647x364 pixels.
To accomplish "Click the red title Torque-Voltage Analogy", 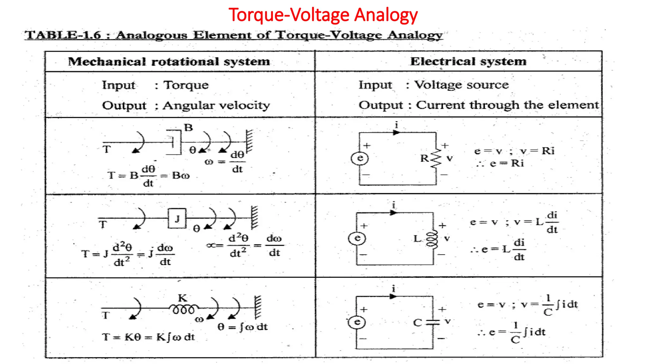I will click(323, 15).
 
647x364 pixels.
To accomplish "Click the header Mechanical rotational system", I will click(169, 61).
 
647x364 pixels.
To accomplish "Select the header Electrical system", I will click(468, 61).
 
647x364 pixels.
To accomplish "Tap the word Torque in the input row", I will click(186, 85).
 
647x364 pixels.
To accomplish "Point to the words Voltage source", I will click(461, 85).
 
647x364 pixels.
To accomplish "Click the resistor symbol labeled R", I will click(436, 158).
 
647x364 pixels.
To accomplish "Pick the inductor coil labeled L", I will click(432, 239).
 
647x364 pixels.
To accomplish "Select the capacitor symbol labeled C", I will click(432, 322).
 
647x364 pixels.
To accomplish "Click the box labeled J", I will click(177, 218).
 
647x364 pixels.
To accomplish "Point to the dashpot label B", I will click(188, 128).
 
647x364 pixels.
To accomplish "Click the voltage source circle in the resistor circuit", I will click(360, 158).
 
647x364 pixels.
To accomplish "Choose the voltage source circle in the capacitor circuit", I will click(357, 322).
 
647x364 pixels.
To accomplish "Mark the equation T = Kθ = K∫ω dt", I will click(148, 337).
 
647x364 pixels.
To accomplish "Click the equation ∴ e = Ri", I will click(500, 163).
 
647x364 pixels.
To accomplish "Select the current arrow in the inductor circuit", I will click(393, 213).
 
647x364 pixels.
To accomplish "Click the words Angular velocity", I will click(216, 105).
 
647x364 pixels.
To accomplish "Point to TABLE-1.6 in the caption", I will click(63, 35).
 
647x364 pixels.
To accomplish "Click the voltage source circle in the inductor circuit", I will click(357, 238).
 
